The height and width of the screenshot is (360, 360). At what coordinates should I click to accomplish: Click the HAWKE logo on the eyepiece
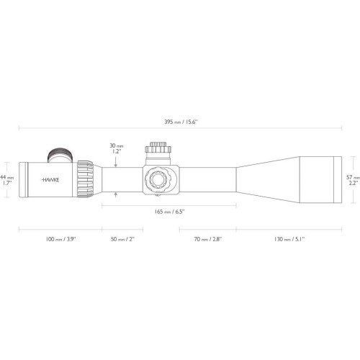point(50,180)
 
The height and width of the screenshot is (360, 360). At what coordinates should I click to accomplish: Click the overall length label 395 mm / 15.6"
point(181,122)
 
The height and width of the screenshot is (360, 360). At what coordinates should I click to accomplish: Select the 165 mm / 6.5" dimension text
point(169,212)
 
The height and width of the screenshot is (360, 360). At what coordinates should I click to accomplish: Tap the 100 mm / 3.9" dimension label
point(61,239)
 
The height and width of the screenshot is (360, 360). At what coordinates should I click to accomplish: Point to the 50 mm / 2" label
point(122,239)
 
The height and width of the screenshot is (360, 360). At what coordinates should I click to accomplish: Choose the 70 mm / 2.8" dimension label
point(208,239)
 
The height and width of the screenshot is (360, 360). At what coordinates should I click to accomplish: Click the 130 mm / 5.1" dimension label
point(289,239)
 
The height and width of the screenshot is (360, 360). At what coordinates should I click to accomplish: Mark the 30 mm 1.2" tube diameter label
point(117,148)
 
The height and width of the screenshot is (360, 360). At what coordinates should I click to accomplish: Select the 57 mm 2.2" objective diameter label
point(353,180)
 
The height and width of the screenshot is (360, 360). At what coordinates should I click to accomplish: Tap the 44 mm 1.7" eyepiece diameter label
point(6,180)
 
